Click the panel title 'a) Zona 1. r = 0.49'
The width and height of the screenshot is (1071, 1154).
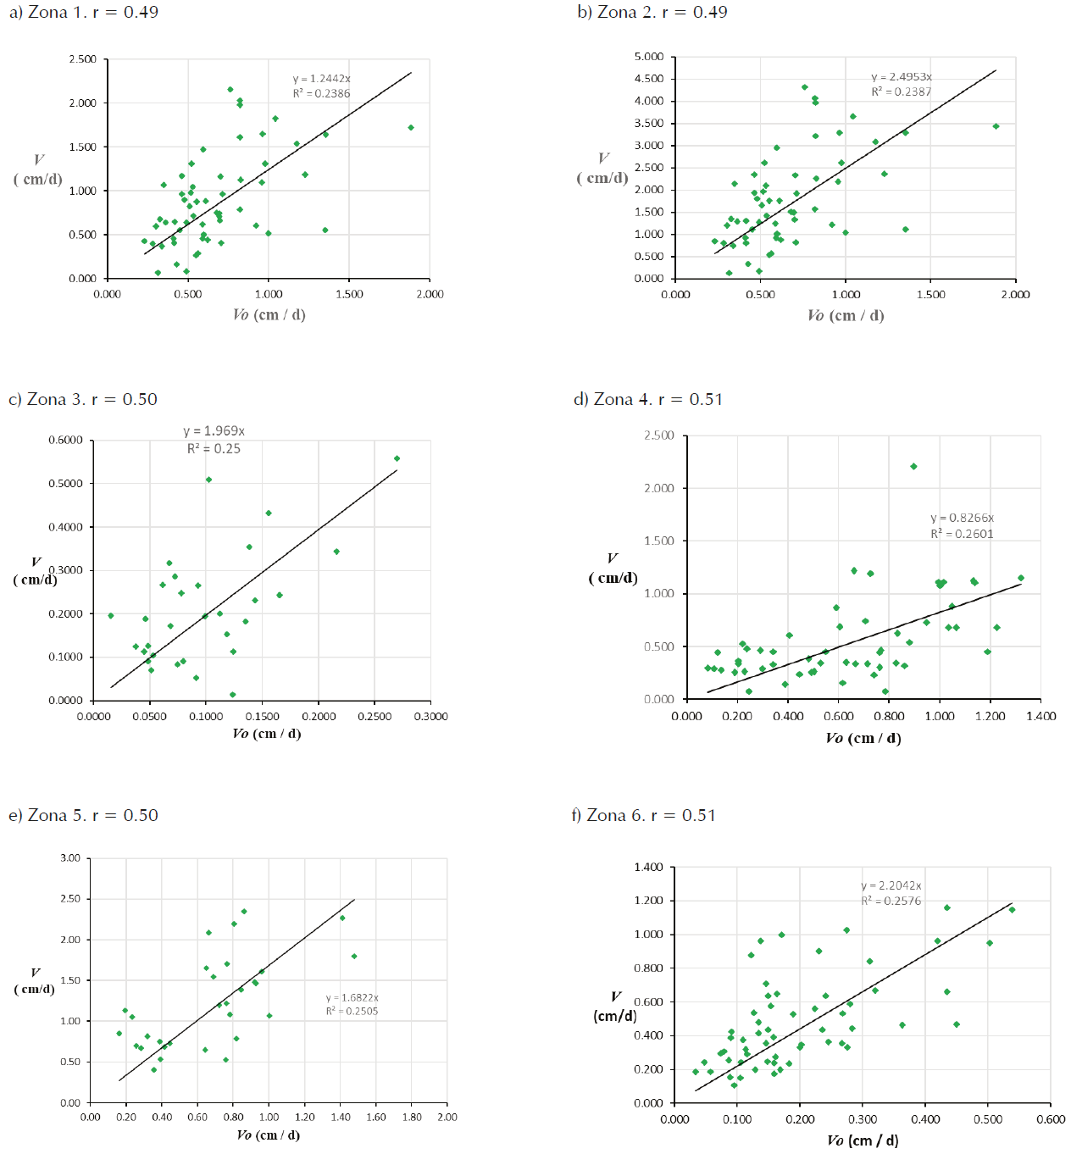click(x=83, y=13)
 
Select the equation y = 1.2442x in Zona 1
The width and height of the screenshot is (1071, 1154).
click(x=321, y=79)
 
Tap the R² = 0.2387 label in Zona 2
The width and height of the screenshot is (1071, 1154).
click(x=901, y=92)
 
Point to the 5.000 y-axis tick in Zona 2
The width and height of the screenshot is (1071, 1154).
click(x=649, y=57)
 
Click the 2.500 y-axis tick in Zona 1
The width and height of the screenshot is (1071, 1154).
click(x=83, y=59)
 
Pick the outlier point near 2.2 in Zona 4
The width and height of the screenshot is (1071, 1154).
click(x=913, y=467)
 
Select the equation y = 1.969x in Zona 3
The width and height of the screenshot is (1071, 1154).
click(x=214, y=431)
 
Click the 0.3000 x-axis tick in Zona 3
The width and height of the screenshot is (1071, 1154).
click(x=430, y=717)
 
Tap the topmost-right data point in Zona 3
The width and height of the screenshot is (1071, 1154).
click(x=397, y=459)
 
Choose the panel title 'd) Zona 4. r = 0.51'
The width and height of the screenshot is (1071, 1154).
click(x=648, y=400)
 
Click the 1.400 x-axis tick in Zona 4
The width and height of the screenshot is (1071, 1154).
click(x=1040, y=717)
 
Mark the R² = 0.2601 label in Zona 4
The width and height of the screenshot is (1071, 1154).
click(x=962, y=534)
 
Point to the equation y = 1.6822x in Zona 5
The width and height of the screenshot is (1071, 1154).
click(x=352, y=998)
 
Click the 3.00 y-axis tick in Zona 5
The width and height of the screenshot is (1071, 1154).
click(x=70, y=858)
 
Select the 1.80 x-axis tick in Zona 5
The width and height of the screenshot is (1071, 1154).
click(x=412, y=1118)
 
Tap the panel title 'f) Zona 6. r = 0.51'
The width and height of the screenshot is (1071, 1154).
click(x=643, y=816)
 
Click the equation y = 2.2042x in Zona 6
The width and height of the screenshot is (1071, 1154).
click(x=891, y=885)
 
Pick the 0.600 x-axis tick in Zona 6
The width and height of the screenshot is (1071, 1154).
click(x=1051, y=1120)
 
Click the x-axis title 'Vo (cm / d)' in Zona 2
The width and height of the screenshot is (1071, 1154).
click(x=845, y=316)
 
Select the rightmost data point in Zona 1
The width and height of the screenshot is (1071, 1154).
click(x=411, y=128)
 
